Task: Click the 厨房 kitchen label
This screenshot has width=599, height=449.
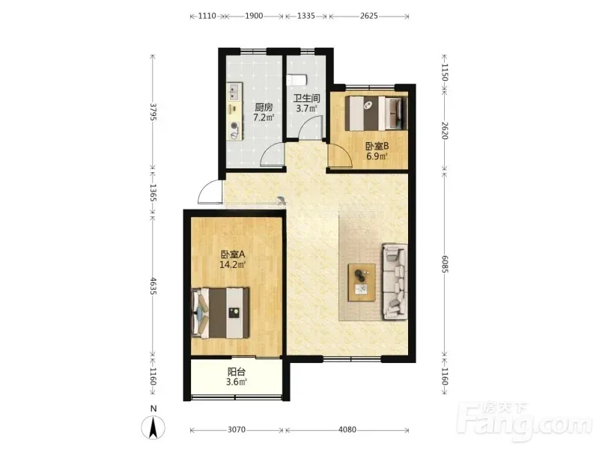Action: [x=264, y=107]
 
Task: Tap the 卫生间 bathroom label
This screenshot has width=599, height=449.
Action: [x=306, y=98]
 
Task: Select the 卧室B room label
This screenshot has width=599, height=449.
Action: [x=377, y=146]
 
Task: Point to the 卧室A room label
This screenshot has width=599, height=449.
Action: [x=233, y=254]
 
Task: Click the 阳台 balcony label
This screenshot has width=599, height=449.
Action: [x=237, y=371]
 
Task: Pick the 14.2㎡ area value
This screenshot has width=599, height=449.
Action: [x=232, y=264]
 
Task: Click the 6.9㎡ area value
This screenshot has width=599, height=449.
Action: [x=377, y=156]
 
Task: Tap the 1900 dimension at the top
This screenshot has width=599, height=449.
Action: [x=254, y=16]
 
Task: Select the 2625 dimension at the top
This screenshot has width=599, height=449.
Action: [x=369, y=16]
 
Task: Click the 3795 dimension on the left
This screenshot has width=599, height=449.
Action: [x=153, y=112]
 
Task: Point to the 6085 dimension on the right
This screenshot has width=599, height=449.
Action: [x=445, y=264]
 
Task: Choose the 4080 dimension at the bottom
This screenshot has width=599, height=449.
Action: [x=347, y=430]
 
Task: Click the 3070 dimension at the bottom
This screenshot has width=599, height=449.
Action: [x=237, y=430]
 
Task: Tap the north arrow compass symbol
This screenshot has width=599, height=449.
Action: [x=153, y=427]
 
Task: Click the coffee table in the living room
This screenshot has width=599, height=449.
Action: [x=362, y=283]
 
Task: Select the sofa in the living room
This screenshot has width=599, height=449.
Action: [x=395, y=281]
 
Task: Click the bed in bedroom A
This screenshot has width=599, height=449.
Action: [x=220, y=313]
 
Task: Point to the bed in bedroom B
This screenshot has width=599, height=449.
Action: [x=377, y=113]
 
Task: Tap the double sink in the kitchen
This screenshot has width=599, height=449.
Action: [x=233, y=92]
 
